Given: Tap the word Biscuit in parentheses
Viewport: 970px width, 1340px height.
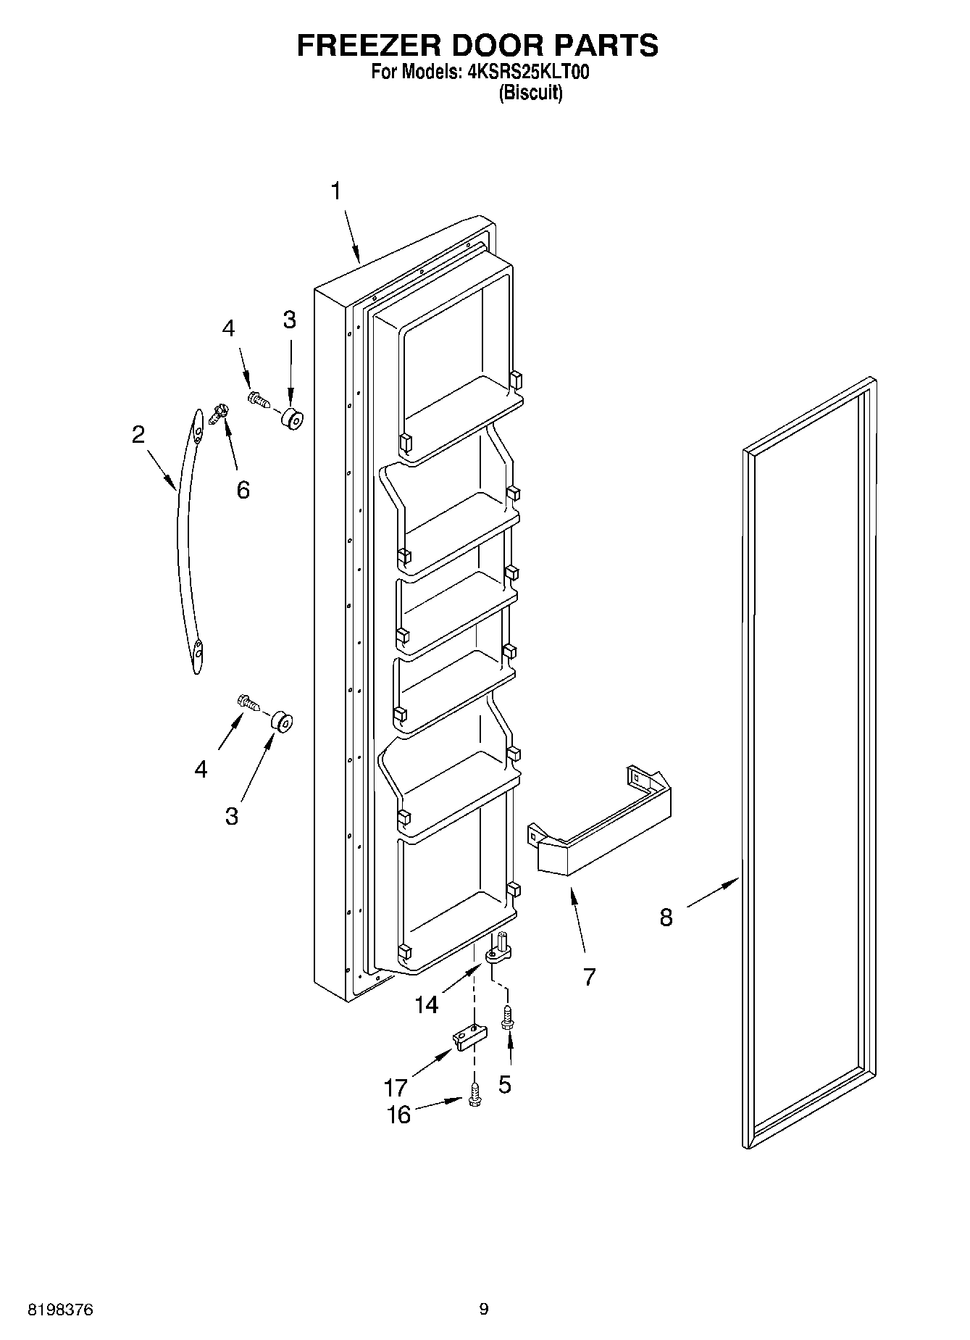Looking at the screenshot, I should (530, 93).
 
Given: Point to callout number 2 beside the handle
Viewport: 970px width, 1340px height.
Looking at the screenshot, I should (138, 435).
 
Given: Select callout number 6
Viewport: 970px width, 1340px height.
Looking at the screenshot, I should (243, 490).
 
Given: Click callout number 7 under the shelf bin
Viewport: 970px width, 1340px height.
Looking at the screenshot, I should (589, 977).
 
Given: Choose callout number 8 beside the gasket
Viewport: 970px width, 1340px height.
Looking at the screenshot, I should (666, 917).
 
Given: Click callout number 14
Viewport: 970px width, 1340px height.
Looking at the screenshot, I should (427, 1004).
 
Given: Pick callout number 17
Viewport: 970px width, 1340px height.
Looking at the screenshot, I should (396, 1088).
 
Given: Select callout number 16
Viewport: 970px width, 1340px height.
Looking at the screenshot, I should (398, 1115).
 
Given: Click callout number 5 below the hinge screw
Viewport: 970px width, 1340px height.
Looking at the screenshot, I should (505, 1084).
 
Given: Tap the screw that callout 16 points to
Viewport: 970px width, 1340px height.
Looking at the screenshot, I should (474, 1095).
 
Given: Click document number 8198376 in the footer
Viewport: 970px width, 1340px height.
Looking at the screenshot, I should (60, 1309).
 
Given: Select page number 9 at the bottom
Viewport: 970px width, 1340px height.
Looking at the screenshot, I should (484, 1309).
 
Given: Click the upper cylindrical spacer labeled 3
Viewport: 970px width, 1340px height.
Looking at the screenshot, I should (291, 419).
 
